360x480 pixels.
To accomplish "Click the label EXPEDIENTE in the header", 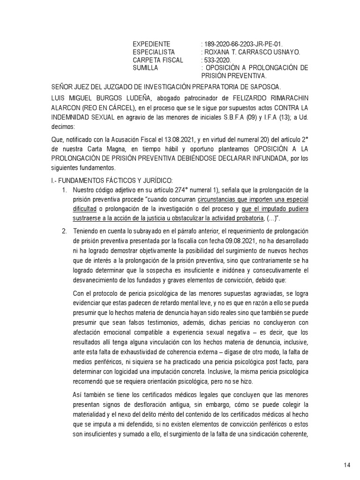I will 152,44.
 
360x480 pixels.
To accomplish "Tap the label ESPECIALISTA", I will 154,52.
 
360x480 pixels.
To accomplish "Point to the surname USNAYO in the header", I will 284,52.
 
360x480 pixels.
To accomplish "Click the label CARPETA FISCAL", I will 158,60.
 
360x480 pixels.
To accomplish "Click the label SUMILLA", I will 145,67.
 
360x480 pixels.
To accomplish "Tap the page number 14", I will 347,465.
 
